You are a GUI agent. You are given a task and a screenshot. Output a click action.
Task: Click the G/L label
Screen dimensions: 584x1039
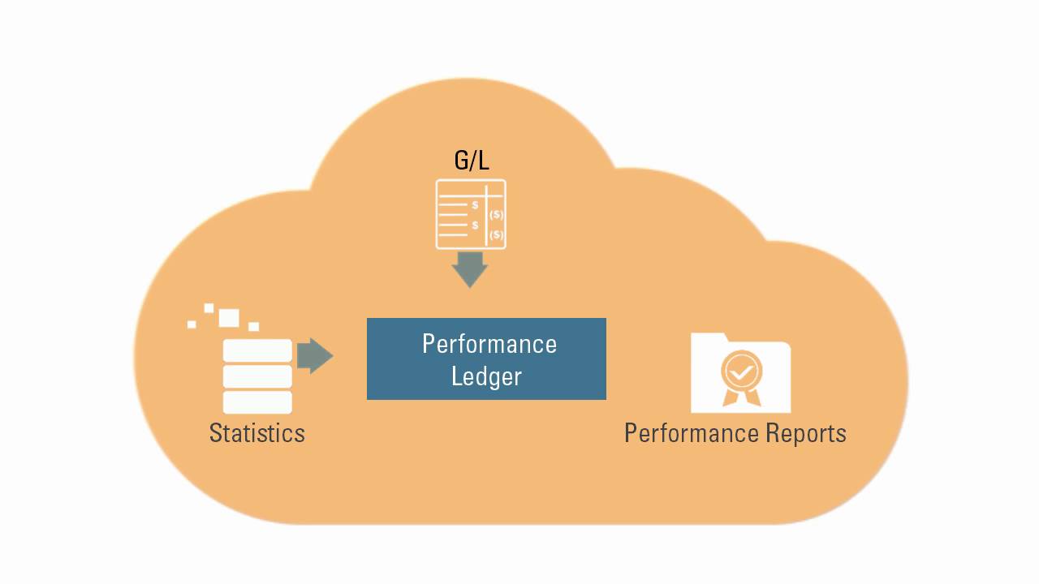tap(472, 159)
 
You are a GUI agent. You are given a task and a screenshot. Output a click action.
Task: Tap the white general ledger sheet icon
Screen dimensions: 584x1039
tap(471, 214)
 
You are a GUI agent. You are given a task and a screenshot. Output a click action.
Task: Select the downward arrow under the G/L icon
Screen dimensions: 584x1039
tap(469, 268)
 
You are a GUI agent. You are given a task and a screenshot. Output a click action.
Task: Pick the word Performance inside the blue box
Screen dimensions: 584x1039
tap(489, 344)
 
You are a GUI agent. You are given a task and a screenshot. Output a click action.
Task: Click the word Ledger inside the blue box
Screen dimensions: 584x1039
tap(486, 376)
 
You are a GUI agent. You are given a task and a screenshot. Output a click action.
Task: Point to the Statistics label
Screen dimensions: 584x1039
tap(257, 432)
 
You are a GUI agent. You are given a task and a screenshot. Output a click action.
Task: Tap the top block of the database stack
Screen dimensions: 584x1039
tap(257, 351)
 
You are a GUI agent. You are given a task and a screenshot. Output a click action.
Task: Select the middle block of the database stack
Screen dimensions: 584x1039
tap(257, 376)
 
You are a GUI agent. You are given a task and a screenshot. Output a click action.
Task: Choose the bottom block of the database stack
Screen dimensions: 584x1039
tap(257, 401)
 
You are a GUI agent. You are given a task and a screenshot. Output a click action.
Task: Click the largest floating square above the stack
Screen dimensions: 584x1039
tap(229, 317)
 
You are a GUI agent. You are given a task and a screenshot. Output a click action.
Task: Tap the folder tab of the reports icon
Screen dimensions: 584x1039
tap(711, 339)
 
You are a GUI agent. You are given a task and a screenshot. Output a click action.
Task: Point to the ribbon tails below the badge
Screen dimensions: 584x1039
tap(741, 397)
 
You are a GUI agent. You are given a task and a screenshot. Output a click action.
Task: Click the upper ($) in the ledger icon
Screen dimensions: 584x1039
tap(496, 215)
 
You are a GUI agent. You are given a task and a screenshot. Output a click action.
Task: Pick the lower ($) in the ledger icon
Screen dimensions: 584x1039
tap(496, 235)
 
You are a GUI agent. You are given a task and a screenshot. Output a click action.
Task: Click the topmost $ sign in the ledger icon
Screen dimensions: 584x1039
tap(475, 205)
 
